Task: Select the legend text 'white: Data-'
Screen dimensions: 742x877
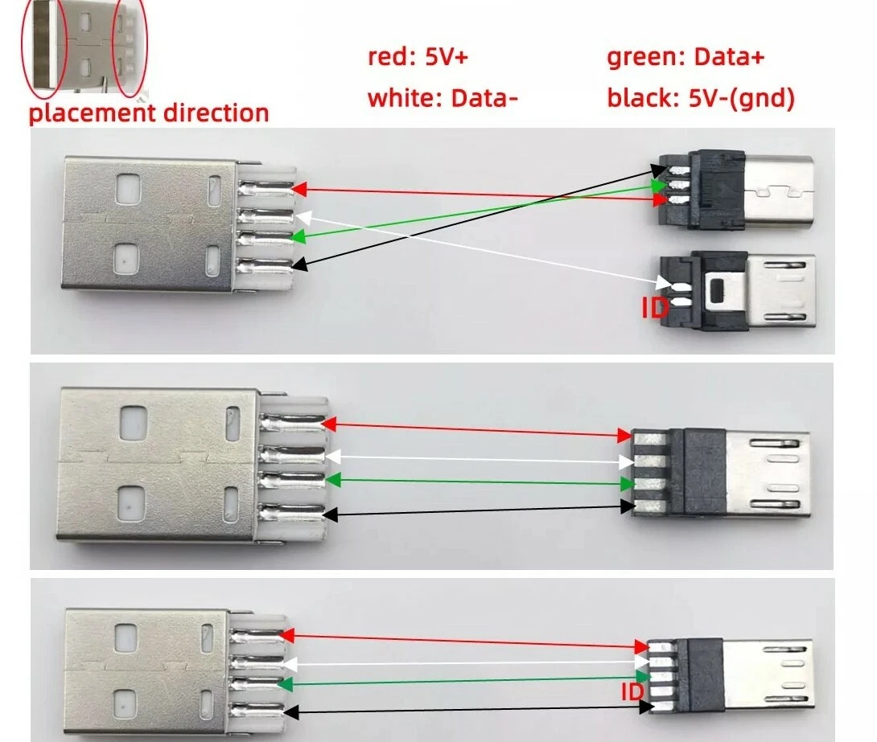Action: click(443, 98)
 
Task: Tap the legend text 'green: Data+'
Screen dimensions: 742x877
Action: click(685, 57)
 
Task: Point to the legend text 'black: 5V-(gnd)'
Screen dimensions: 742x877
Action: click(701, 98)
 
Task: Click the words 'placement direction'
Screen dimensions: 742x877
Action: click(149, 112)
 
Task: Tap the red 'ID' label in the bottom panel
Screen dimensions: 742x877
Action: click(632, 692)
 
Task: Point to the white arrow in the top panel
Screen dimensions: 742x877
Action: click(483, 249)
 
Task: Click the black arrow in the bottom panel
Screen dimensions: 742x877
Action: click(467, 710)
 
